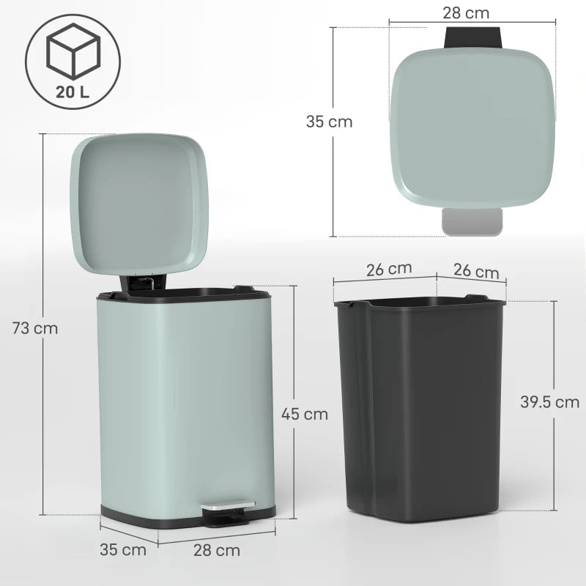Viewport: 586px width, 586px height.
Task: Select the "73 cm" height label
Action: click(35, 328)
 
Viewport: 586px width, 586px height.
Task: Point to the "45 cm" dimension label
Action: click(305, 414)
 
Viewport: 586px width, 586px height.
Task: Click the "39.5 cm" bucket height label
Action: click(549, 401)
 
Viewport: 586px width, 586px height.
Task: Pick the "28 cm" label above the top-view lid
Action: click(466, 12)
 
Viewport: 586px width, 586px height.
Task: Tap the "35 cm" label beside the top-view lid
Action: click(329, 122)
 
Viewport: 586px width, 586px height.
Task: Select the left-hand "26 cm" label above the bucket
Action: click(389, 269)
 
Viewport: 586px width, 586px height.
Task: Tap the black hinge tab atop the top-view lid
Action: click(473, 37)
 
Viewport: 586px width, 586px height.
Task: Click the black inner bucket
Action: click(420, 410)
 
